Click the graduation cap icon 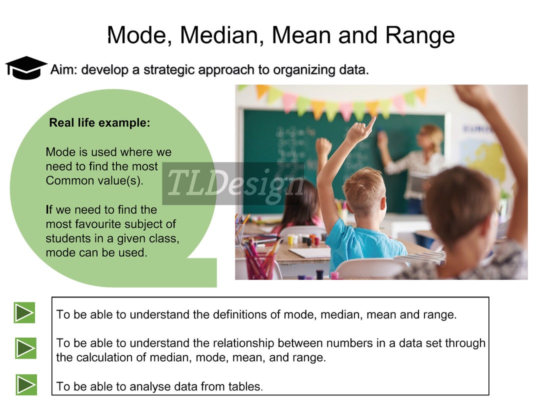coord(26,67)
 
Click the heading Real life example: coord(99,123)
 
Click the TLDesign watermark coord(233,183)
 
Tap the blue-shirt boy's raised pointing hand coord(360,131)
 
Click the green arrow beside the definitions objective coord(24,313)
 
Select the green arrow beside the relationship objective coord(25,348)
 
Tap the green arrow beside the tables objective coord(25,384)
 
